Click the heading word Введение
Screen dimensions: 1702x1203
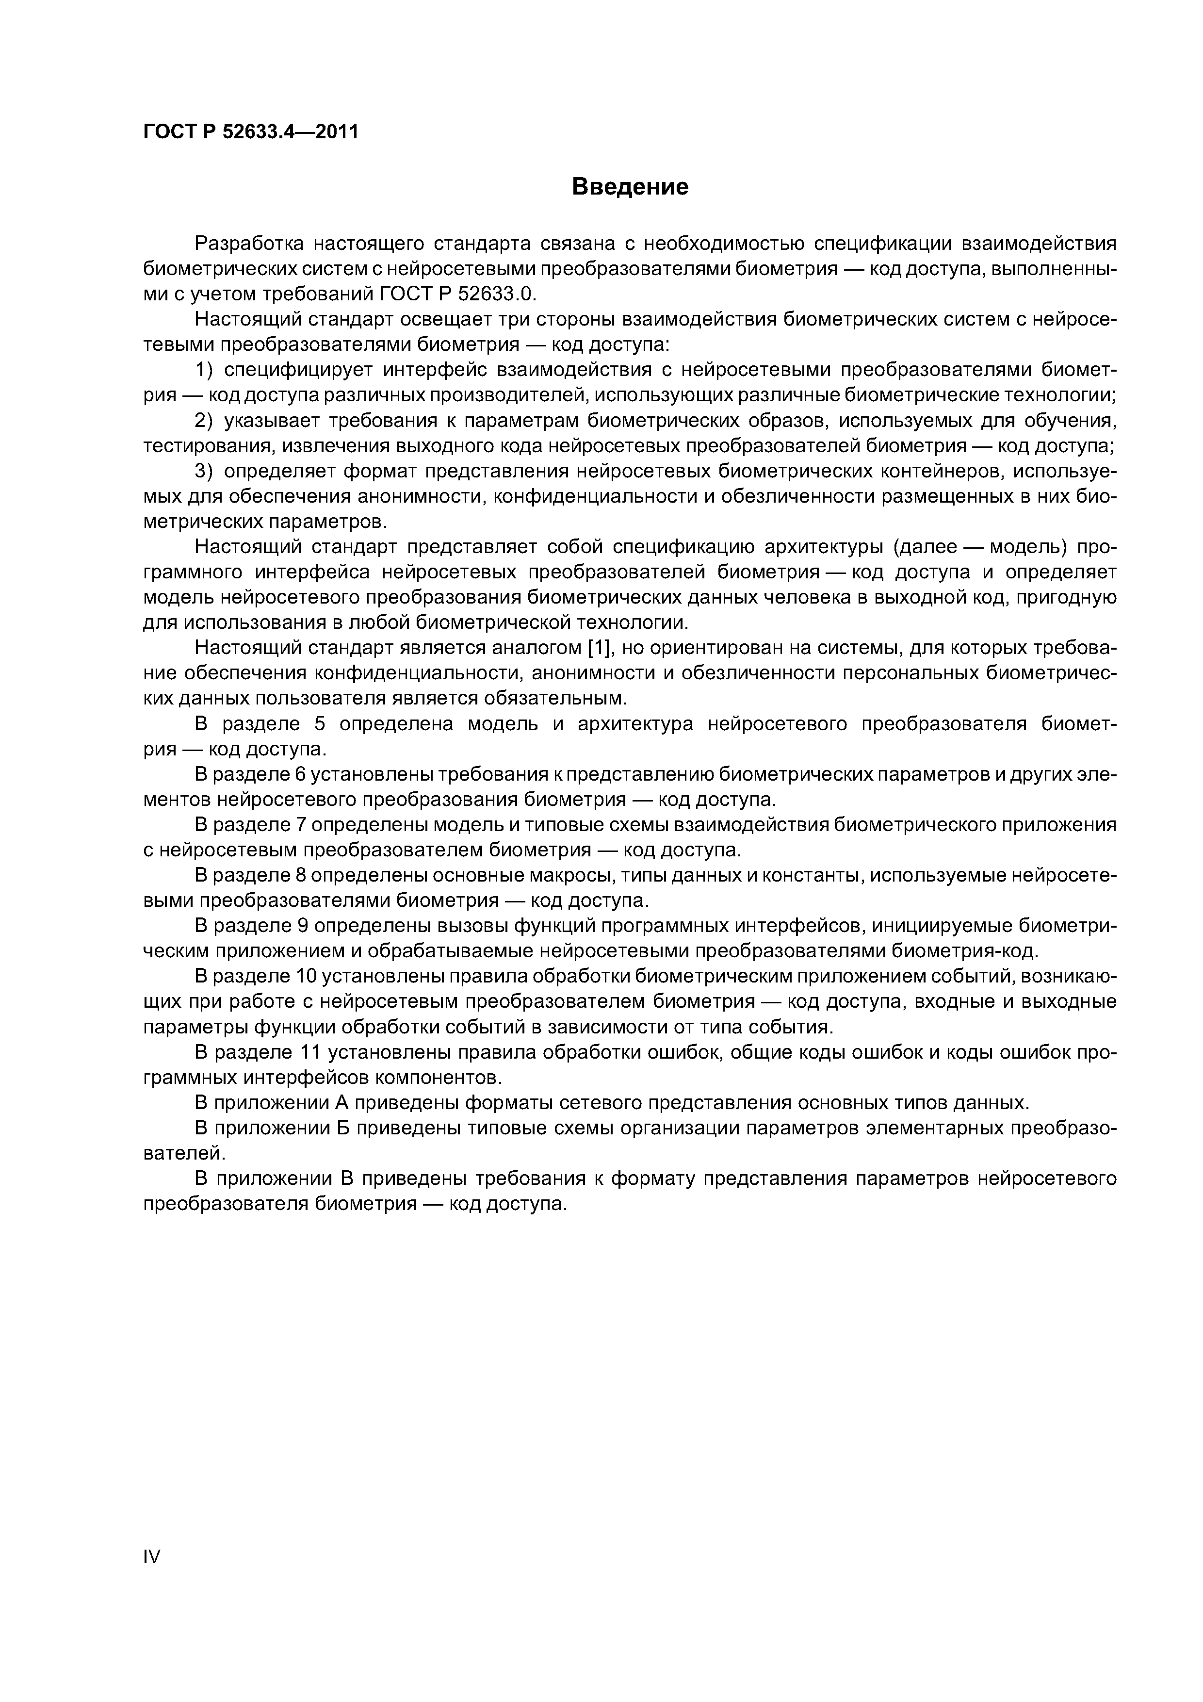pyautogui.click(x=630, y=187)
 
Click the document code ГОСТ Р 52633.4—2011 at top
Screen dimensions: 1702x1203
pyautogui.click(x=250, y=132)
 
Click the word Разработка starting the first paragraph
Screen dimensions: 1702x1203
pyautogui.click(x=248, y=243)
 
